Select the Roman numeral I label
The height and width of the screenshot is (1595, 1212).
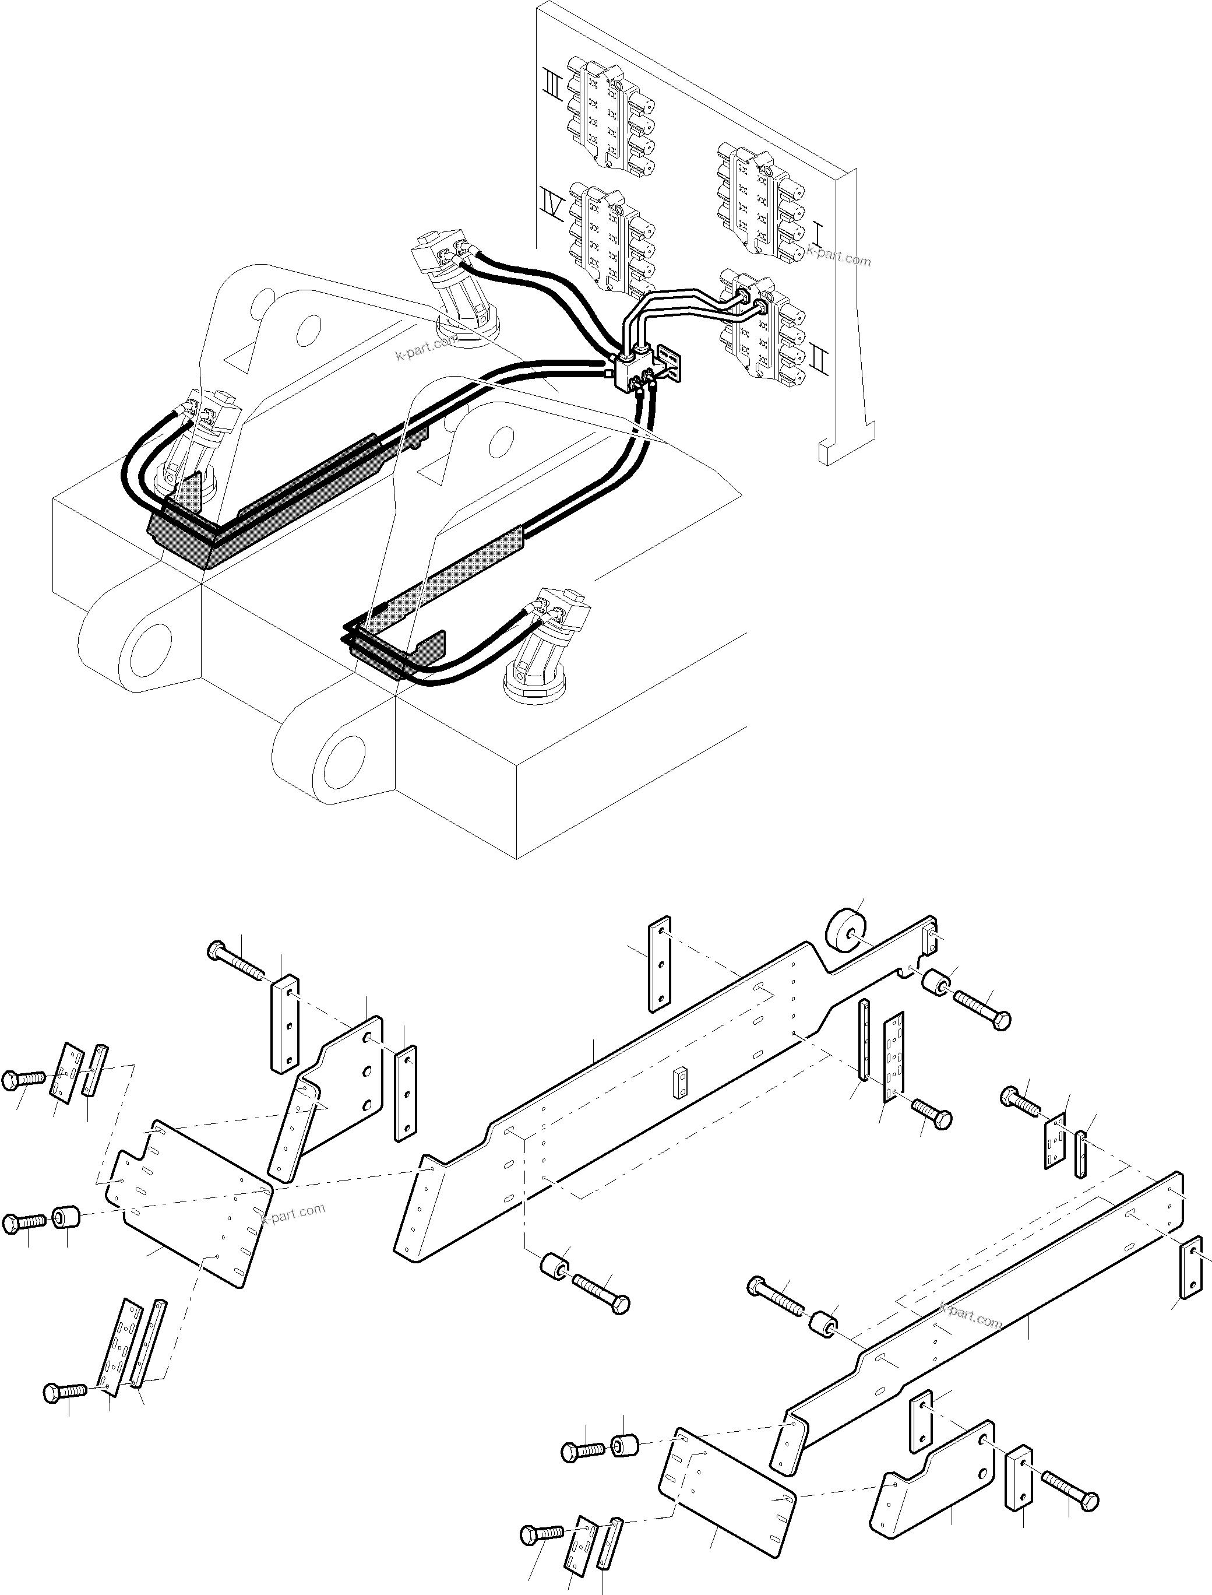(x=818, y=233)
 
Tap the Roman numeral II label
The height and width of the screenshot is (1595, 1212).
(x=820, y=360)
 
